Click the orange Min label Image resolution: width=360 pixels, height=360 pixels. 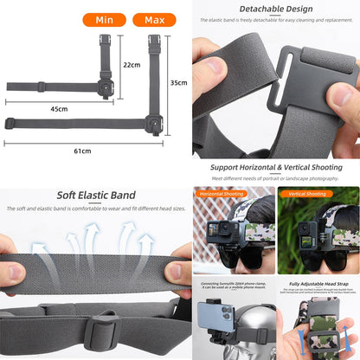click(x=104, y=19)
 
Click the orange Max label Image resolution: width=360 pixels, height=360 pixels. click(x=154, y=19)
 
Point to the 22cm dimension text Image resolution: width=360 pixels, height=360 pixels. click(x=132, y=65)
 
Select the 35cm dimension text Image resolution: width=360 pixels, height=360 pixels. click(x=178, y=83)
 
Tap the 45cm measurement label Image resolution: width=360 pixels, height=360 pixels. click(x=59, y=109)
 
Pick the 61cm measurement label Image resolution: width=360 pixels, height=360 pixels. click(x=82, y=151)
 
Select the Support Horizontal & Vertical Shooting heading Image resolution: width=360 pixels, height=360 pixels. click(x=274, y=166)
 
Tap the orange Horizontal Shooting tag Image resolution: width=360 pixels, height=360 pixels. click(x=222, y=194)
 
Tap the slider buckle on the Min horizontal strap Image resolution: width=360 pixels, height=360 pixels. click(x=41, y=87)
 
